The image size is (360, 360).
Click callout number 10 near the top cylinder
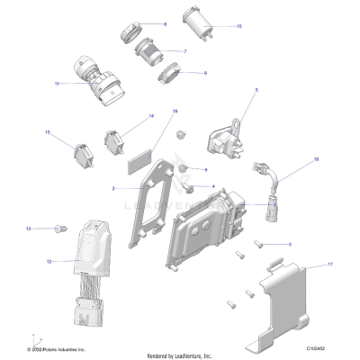click(x=238, y=26)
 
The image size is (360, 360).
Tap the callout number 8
click(x=164, y=22)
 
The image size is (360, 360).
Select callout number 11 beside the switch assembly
click(x=57, y=84)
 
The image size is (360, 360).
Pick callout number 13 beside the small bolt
click(x=28, y=229)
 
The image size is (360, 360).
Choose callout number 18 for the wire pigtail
click(x=316, y=158)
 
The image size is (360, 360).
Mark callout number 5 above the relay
click(x=256, y=91)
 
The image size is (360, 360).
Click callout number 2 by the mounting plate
click(x=113, y=189)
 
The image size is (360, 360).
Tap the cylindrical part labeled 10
click(x=194, y=21)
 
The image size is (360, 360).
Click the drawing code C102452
click(x=317, y=347)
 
